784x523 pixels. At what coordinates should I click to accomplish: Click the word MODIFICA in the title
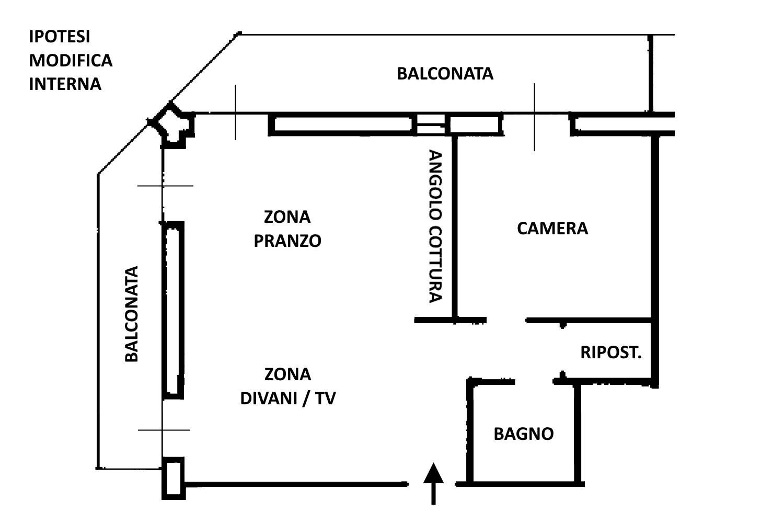(71, 60)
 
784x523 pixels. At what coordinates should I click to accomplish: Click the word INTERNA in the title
(65, 84)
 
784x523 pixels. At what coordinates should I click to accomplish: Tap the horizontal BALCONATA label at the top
(445, 74)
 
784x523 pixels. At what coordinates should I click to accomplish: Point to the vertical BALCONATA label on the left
(132, 314)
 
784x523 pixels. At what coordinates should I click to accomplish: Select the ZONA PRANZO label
(287, 229)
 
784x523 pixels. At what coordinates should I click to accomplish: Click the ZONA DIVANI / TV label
(287, 386)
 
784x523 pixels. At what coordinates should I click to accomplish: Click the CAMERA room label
(552, 229)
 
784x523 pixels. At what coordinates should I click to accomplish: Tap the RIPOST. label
(610, 353)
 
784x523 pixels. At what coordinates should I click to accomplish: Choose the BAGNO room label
(523, 434)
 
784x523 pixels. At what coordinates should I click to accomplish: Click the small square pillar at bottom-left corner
(173, 478)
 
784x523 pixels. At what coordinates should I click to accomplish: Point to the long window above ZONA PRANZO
(343, 124)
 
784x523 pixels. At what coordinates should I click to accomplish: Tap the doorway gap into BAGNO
(534, 381)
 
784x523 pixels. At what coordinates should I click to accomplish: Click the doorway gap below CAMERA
(505, 320)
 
